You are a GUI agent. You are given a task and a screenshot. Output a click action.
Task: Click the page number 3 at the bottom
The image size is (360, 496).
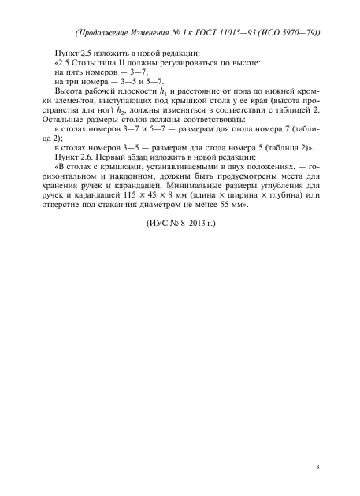(317, 467)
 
